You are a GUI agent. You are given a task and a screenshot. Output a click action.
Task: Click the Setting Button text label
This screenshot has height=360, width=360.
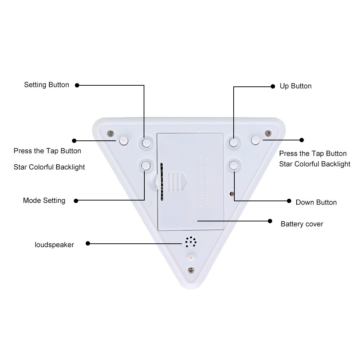(46, 85)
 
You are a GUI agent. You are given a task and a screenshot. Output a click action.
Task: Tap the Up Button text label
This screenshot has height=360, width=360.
(296, 86)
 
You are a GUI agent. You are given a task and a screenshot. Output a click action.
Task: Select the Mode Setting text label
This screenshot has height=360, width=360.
(44, 201)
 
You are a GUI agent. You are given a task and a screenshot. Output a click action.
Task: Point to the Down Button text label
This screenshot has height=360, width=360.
(316, 202)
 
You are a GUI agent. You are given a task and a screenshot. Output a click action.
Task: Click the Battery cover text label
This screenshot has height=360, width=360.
(302, 224)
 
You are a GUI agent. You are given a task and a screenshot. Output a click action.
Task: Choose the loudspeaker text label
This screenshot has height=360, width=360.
(54, 245)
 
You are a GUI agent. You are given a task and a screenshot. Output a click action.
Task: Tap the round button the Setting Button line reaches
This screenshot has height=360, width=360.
(146, 143)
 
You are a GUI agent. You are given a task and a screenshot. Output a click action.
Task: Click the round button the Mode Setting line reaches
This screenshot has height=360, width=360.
(146, 166)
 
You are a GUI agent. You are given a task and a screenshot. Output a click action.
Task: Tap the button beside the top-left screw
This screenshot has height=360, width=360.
(123, 140)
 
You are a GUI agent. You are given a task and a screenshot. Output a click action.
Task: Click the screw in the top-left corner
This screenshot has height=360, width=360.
(111, 133)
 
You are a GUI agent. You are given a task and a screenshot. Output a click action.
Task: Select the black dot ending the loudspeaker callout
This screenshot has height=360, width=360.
(88, 244)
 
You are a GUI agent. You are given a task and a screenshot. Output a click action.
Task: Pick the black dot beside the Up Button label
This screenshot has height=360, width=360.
(273, 86)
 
